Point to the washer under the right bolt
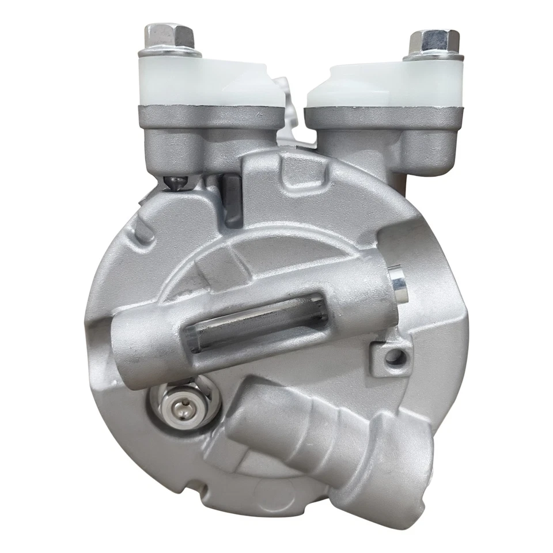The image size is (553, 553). pos(433,56)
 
